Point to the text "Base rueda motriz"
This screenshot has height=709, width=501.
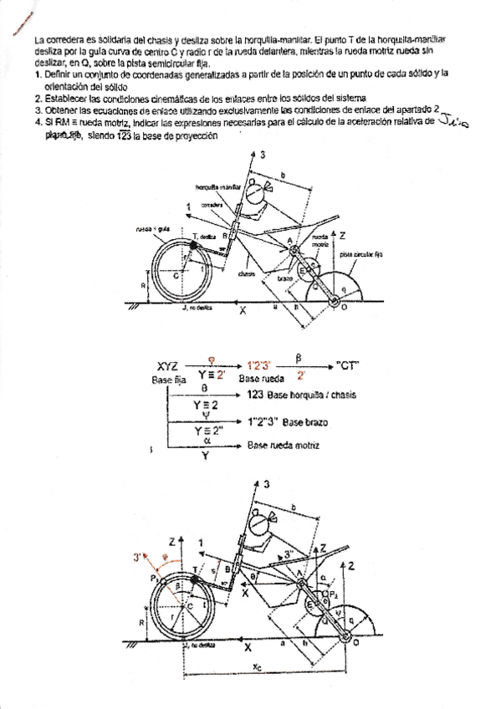(282, 446)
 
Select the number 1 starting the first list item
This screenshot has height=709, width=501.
(38, 74)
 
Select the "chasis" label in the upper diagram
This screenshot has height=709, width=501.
(246, 272)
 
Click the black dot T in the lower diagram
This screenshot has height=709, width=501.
(197, 576)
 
